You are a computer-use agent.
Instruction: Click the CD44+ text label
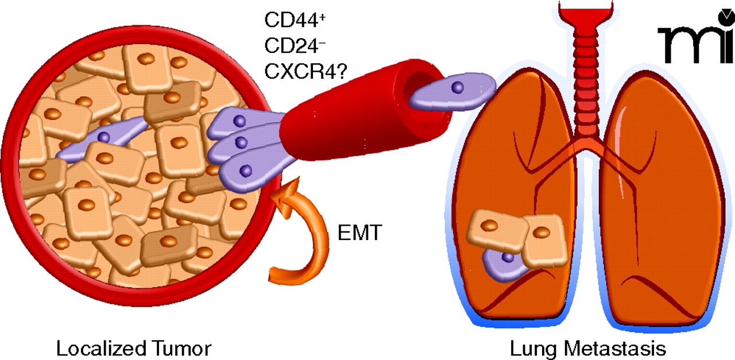coord(287,20)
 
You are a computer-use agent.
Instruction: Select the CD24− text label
coord(287,45)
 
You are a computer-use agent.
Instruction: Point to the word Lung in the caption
coord(531,348)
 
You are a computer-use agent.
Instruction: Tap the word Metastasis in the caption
coord(614,348)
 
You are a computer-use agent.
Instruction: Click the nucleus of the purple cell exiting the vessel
coord(457,87)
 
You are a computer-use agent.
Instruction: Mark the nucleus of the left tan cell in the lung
coord(489,226)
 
